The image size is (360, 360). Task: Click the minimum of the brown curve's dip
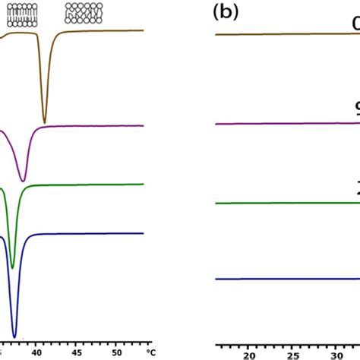coord(45,122)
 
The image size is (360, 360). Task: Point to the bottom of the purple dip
coord(24,181)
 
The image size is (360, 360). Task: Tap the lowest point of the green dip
coord(12,267)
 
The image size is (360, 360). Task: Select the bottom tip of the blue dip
coord(14,335)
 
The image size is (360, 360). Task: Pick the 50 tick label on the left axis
coord(116,352)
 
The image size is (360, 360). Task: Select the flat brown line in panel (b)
coord(281,34)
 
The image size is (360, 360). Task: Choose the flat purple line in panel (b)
coord(281,123)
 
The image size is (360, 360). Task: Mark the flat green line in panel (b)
coord(281,203)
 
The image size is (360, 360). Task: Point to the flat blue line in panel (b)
coord(281,279)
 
